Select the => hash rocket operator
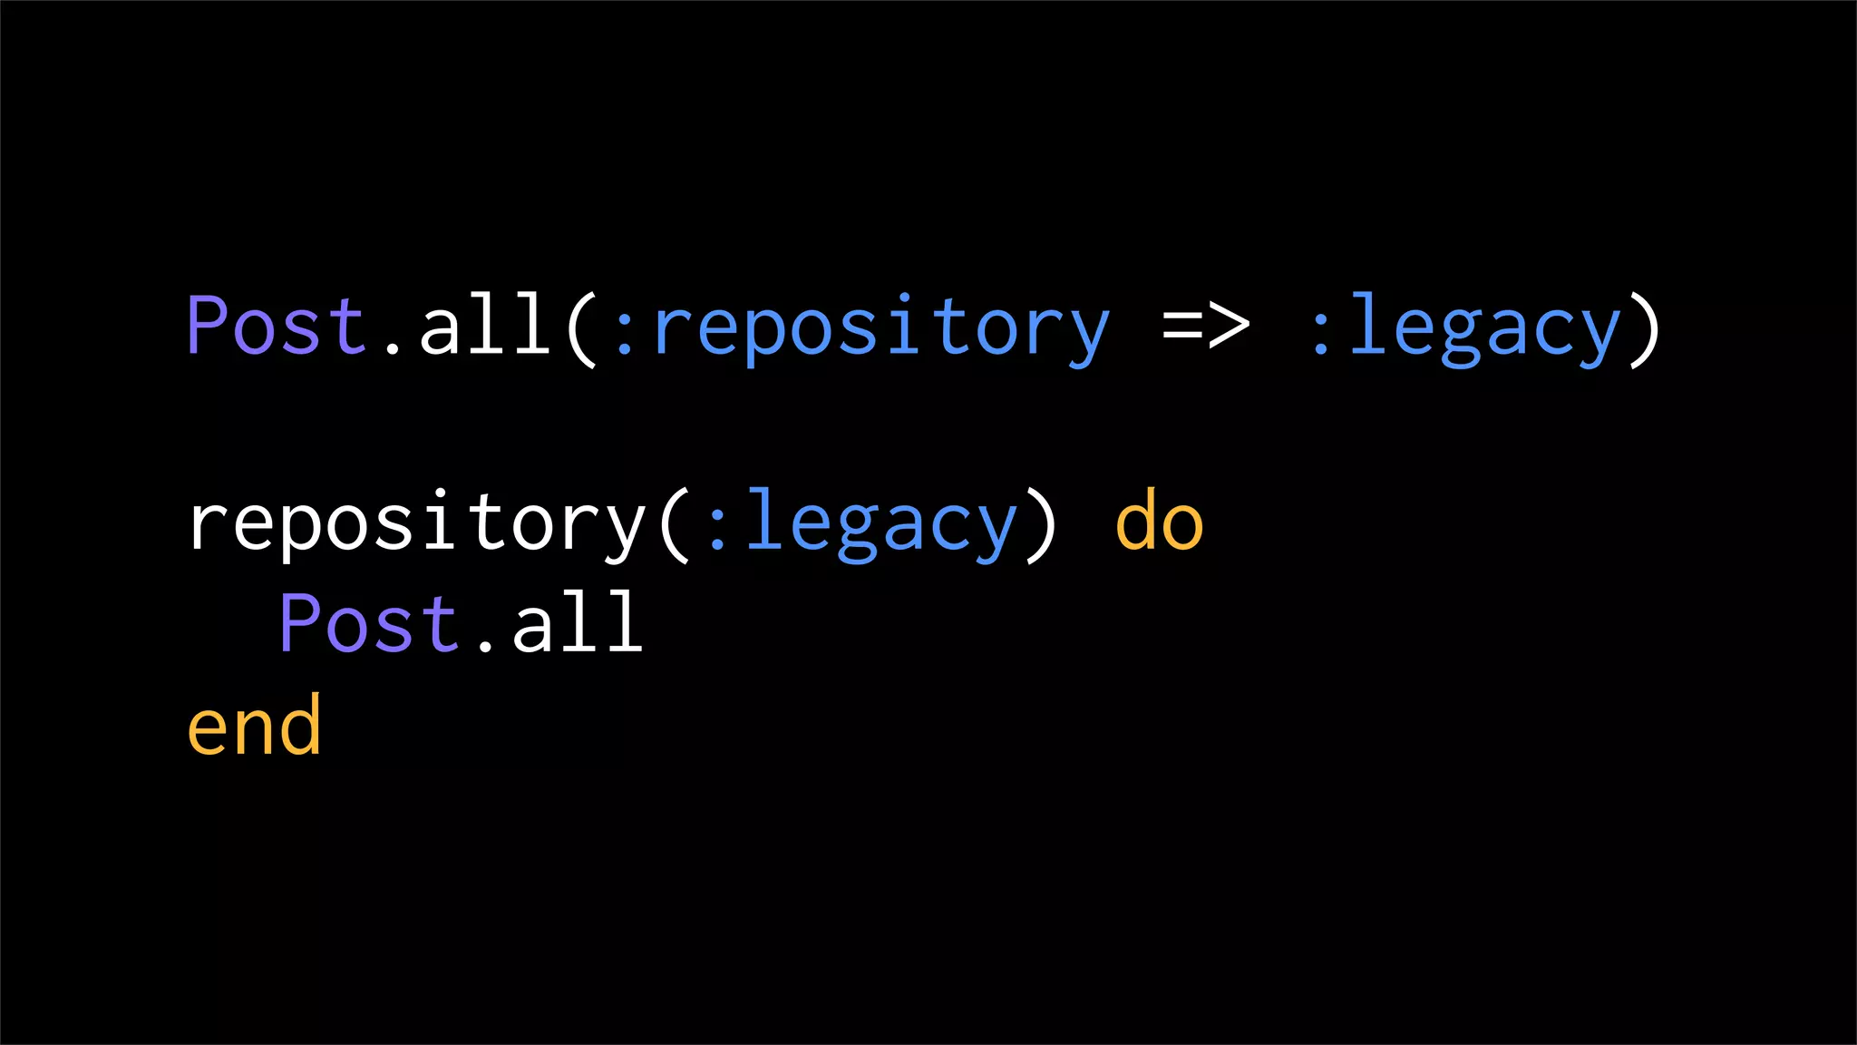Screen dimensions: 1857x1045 [x=1206, y=325]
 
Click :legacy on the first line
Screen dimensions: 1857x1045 [x=1464, y=328]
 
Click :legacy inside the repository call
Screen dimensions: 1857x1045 [x=861, y=524]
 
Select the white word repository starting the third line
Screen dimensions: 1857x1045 [x=416, y=524]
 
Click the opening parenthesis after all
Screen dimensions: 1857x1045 [x=581, y=328]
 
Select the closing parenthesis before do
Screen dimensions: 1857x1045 [x=1041, y=524]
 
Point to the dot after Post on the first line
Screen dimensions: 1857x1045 [x=392, y=347]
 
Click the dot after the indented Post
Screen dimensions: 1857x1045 [x=485, y=645]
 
